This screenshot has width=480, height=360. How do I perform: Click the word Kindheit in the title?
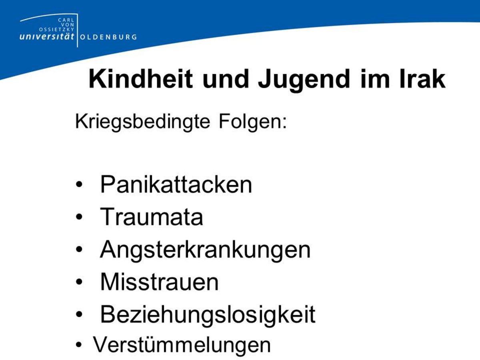(141, 79)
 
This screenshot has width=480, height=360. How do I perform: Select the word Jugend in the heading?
(304, 81)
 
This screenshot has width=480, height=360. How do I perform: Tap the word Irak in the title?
(423, 79)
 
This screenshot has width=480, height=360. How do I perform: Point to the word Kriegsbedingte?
(142, 122)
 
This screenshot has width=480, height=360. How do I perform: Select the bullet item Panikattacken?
(176, 185)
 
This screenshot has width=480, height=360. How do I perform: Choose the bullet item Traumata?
(152, 217)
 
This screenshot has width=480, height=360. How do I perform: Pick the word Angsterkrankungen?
(205, 250)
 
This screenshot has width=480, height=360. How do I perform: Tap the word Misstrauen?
(160, 282)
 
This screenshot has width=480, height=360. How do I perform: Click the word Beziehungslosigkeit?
(208, 316)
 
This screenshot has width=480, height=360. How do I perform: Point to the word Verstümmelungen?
(182, 345)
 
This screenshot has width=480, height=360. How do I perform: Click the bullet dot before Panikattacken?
(79, 184)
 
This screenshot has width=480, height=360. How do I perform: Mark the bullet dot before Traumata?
(79, 217)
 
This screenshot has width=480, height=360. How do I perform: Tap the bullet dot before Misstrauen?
(79, 282)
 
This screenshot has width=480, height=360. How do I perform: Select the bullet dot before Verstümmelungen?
(79, 345)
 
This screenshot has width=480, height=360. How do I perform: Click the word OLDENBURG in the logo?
(108, 37)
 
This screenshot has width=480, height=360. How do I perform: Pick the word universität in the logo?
(47, 36)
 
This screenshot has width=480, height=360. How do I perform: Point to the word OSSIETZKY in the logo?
(57, 30)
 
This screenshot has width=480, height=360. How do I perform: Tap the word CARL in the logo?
(66, 20)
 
